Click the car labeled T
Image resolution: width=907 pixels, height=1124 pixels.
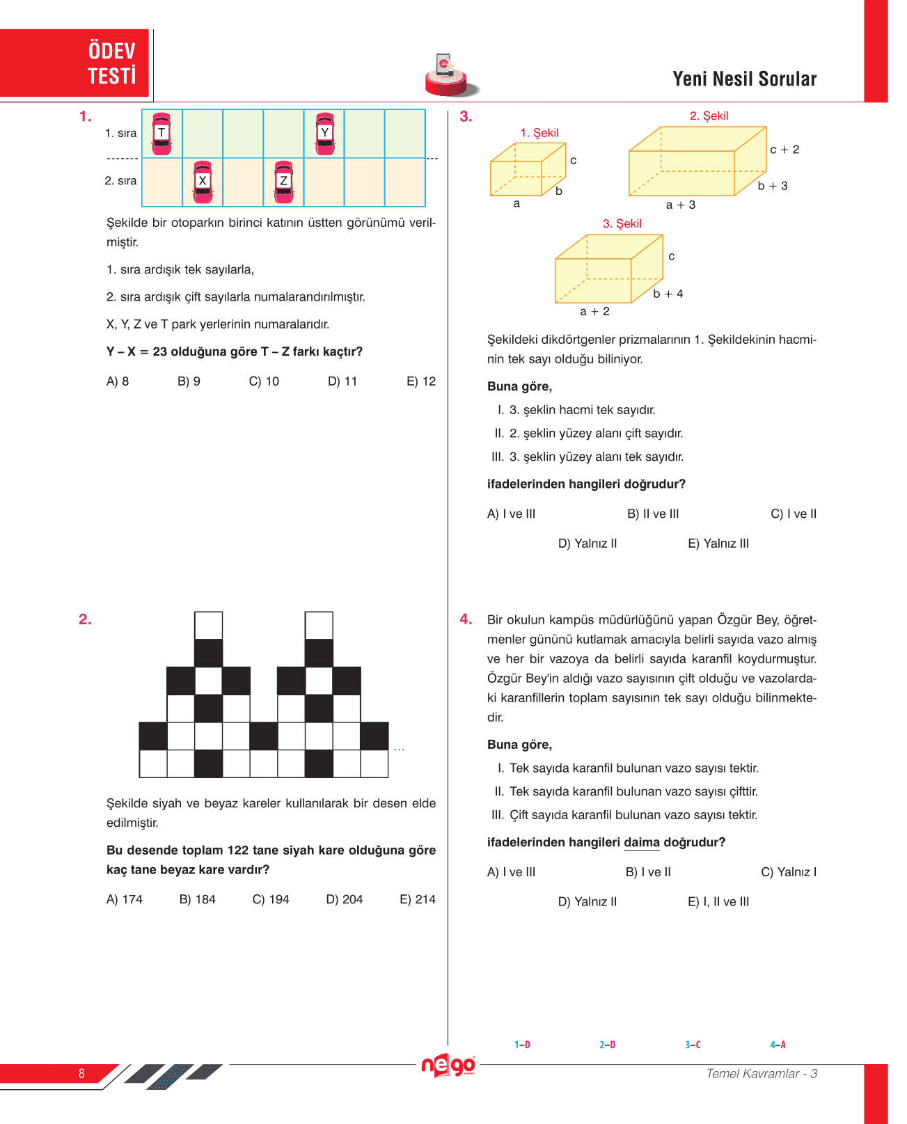[161, 134]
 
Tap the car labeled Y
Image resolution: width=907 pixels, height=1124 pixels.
[325, 134]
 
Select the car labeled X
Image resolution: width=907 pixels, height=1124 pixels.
[203, 182]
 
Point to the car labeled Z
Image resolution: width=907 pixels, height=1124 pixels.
[284, 182]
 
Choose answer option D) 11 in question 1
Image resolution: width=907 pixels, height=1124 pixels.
[342, 381]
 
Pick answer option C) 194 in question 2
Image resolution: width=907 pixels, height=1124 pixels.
[271, 899]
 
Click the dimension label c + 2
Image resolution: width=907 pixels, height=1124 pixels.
[784, 150]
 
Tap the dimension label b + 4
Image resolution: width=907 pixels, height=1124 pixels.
[668, 294]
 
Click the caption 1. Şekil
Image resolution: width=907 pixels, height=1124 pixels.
[539, 133]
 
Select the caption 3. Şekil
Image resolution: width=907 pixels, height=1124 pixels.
[622, 223]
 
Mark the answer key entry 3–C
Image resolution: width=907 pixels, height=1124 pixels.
[693, 1045]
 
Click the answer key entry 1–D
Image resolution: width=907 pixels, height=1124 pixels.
[522, 1045]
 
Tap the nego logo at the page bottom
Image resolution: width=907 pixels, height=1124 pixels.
[449, 1066]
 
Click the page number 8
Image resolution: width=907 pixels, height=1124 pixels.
[81, 1073]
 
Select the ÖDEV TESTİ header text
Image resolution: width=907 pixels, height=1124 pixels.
[111, 63]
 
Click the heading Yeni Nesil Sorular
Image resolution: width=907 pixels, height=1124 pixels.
[744, 79]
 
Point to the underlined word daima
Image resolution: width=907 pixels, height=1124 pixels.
[642, 842]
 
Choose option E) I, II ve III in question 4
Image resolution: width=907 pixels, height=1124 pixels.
[718, 902]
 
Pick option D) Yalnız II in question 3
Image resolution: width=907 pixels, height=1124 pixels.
[587, 544]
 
